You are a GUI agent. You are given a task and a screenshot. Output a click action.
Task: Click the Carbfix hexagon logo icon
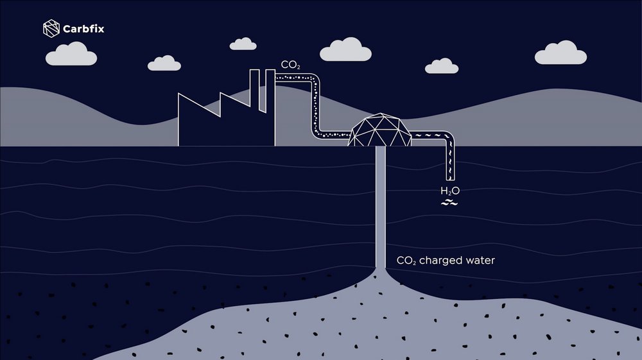click(x=51, y=28)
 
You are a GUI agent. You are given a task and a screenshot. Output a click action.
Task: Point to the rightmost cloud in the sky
click(x=560, y=54)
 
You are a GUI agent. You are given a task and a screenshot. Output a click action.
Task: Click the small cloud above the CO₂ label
click(x=243, y=44)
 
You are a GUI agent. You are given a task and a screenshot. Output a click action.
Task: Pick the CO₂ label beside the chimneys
click(x=290, y=65)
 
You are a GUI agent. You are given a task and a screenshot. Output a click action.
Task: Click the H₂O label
click(x=449, y=191)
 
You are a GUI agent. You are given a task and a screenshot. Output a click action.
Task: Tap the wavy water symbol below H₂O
click(x=449, y=203)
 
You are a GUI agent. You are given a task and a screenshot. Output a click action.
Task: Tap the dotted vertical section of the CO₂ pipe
click(x=317, y=106)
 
